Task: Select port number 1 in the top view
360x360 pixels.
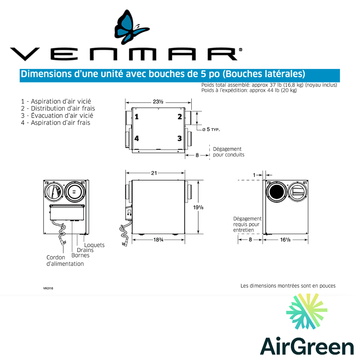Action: coord(137,117)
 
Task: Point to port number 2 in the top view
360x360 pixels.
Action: coord(180,117)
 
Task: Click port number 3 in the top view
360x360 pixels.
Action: coord(180,138)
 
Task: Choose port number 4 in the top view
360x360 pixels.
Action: coord(137,138)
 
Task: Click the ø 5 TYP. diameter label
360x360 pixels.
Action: coord(211,129)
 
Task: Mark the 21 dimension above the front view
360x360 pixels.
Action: coord(154,173)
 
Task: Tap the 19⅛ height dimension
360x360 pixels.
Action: coord(198,208)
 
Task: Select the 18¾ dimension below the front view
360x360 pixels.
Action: coord(159,240)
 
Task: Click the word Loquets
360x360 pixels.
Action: coord(94,245)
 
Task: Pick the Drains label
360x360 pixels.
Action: coord(85,250)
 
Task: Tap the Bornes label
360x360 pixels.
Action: coord(80,255)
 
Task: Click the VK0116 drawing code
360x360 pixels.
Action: coord(48,288)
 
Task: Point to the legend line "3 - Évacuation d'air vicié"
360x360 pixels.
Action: coord(57,116)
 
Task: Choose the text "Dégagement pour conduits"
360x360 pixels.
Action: coord(228,152)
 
